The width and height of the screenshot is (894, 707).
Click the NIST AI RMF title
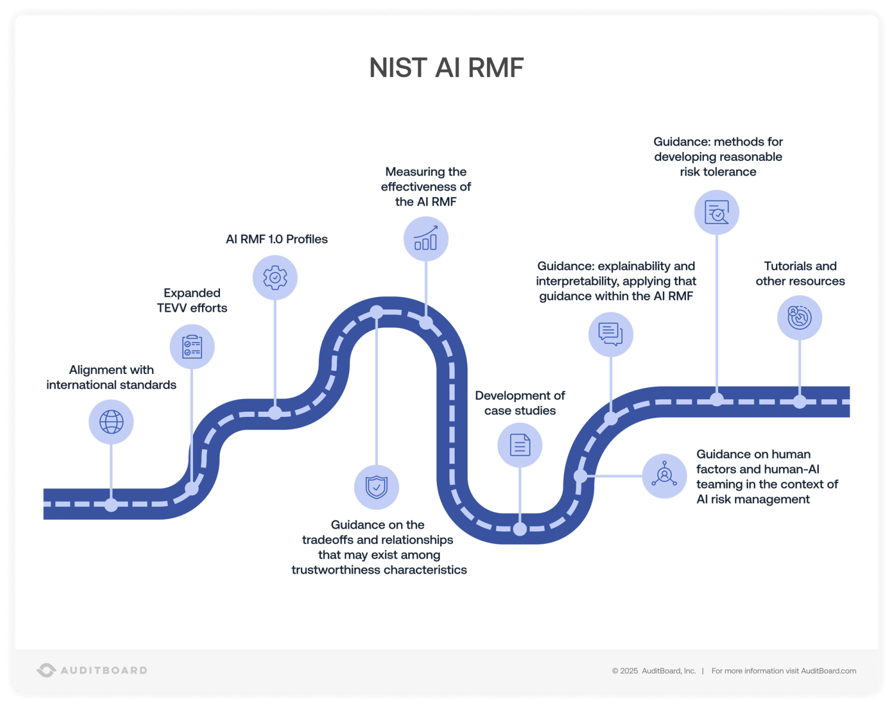(446, 68)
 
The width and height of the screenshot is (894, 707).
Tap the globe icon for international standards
(111, 422)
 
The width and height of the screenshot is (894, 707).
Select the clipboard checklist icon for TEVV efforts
(192, 347)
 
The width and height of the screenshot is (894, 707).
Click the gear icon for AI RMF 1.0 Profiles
(275, 278)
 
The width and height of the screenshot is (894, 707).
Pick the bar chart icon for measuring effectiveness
(426, 239)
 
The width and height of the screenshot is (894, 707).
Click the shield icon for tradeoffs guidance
(377, 487)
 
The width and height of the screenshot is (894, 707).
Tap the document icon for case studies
(520, 445)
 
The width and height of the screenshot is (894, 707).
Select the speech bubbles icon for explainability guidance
(610, 334)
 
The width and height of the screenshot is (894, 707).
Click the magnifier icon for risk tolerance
(717, 213)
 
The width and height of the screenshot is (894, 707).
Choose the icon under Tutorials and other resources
(799, 317)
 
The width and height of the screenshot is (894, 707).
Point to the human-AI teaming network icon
(665, 476)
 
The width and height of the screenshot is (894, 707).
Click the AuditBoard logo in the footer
(92, 670)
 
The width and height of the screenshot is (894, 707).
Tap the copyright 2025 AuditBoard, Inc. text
(654, 671)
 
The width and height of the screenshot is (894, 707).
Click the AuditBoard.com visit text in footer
(783, 671)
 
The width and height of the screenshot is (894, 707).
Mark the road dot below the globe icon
(111, 505)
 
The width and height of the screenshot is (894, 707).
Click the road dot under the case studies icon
(520, 529)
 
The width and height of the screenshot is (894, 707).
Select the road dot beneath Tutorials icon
(799, 401)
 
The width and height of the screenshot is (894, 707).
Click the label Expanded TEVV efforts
(192, 300)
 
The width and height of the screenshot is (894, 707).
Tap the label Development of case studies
(520, 403)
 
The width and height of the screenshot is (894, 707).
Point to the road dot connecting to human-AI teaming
(580, 476)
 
